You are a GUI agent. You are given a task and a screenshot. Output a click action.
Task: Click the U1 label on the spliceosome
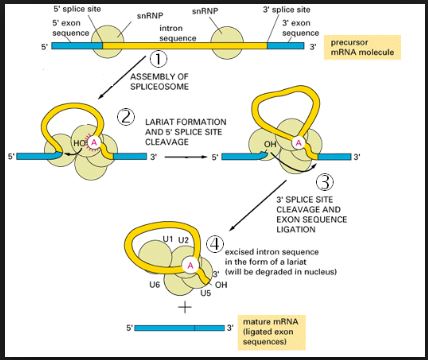pos(167,240)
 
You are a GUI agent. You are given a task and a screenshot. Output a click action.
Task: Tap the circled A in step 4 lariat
pos(189,265)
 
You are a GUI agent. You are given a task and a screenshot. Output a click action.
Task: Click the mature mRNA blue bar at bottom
pos(180,327)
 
